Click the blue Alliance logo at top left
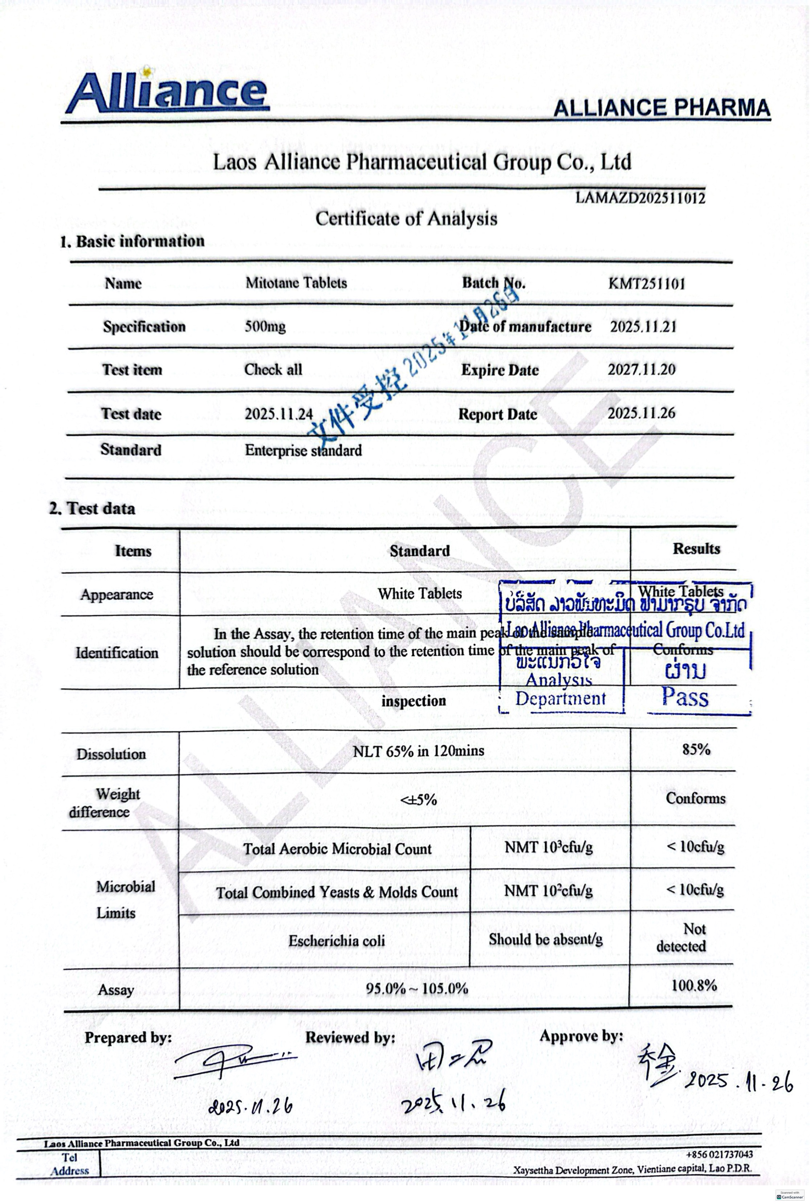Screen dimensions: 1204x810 (x=168, y=93)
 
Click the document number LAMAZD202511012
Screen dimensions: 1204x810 (x=640, y=198)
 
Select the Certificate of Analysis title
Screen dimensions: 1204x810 (x=406, y=219)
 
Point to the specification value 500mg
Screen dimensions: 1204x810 (x=265, y=327)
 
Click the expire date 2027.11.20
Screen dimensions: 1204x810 (x=641, y=369)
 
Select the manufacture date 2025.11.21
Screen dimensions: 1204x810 (x=642, y=327)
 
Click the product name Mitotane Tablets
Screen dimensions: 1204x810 (x=296, y=283)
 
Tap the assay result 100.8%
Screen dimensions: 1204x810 (x=694, y=985)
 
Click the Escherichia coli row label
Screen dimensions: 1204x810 (x=336, y=940)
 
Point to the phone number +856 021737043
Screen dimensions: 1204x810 (x=719, y=1154)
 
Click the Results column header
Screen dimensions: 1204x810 (x=696, y=549)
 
